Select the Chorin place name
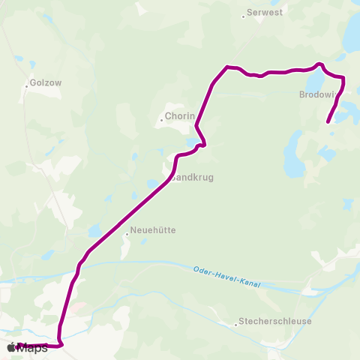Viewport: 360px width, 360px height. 180,116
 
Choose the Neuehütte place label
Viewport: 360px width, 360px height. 153,230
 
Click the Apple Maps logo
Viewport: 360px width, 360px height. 28,347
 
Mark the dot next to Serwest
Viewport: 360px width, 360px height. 244,16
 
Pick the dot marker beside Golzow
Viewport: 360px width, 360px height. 26,85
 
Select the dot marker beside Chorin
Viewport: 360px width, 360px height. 160,119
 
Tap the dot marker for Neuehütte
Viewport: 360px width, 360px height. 127,234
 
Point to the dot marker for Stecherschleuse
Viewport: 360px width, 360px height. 235,325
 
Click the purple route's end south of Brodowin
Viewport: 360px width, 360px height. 328,121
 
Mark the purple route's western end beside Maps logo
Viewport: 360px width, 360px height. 18,345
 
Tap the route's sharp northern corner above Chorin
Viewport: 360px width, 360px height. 226,67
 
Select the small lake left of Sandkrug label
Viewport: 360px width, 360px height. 151,184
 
